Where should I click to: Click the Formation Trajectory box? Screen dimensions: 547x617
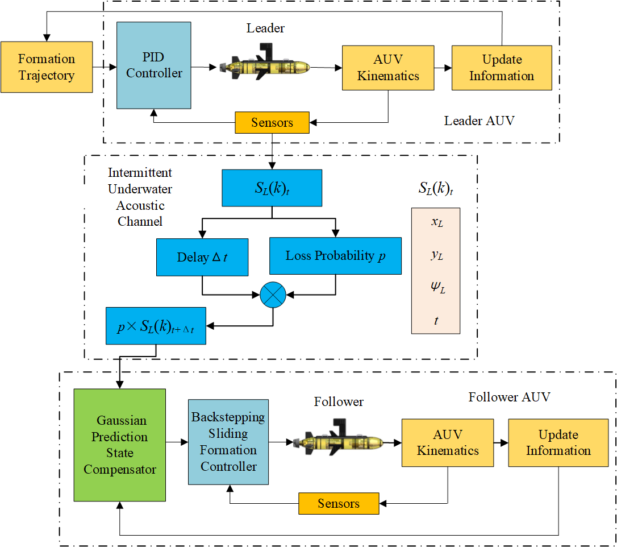click(47, 67)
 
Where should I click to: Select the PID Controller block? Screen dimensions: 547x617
click(154, 65)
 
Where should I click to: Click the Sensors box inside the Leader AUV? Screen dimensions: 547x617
click(272, 122)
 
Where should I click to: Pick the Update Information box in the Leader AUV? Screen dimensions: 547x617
click(502, 68)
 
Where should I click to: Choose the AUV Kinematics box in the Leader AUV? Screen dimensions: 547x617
click(388, 68)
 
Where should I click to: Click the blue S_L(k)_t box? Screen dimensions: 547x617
click(272, 187)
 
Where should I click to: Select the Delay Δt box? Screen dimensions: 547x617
click(203, 257)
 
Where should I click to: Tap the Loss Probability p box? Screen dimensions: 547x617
click(335, 256)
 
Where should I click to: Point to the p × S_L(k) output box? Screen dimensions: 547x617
click(156, 326)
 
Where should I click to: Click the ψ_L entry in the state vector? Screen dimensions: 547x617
click(436, 288)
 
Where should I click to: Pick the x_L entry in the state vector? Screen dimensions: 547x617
click(436, 223)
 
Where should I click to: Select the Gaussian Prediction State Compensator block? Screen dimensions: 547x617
click(120, 445)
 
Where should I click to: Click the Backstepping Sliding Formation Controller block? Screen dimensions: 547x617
click(228, 441)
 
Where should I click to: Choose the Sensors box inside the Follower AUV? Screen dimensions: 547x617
click(339, 503)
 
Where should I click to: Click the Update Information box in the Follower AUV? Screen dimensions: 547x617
click(558, 442)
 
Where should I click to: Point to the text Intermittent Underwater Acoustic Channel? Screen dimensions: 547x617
click(140, 197)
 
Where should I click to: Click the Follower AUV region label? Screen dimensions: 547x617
click(509, 397)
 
